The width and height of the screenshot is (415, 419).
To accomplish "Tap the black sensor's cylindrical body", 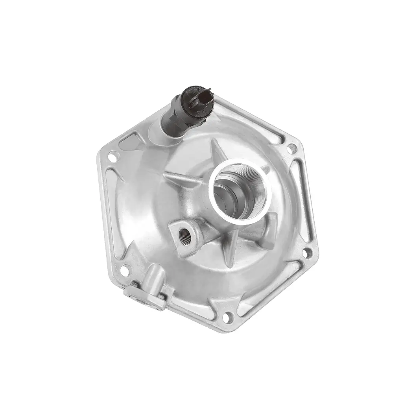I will (x=177, y=118).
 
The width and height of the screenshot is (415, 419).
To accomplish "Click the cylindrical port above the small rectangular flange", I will (x=156, y=278).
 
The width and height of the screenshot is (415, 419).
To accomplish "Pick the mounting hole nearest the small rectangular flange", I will (x=124, y=270).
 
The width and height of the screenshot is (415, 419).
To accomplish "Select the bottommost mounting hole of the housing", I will (x=227, y=317).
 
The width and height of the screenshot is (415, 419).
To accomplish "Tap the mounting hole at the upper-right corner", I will (x=291, y=149).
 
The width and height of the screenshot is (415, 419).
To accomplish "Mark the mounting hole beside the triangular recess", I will (x=113, y=157).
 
